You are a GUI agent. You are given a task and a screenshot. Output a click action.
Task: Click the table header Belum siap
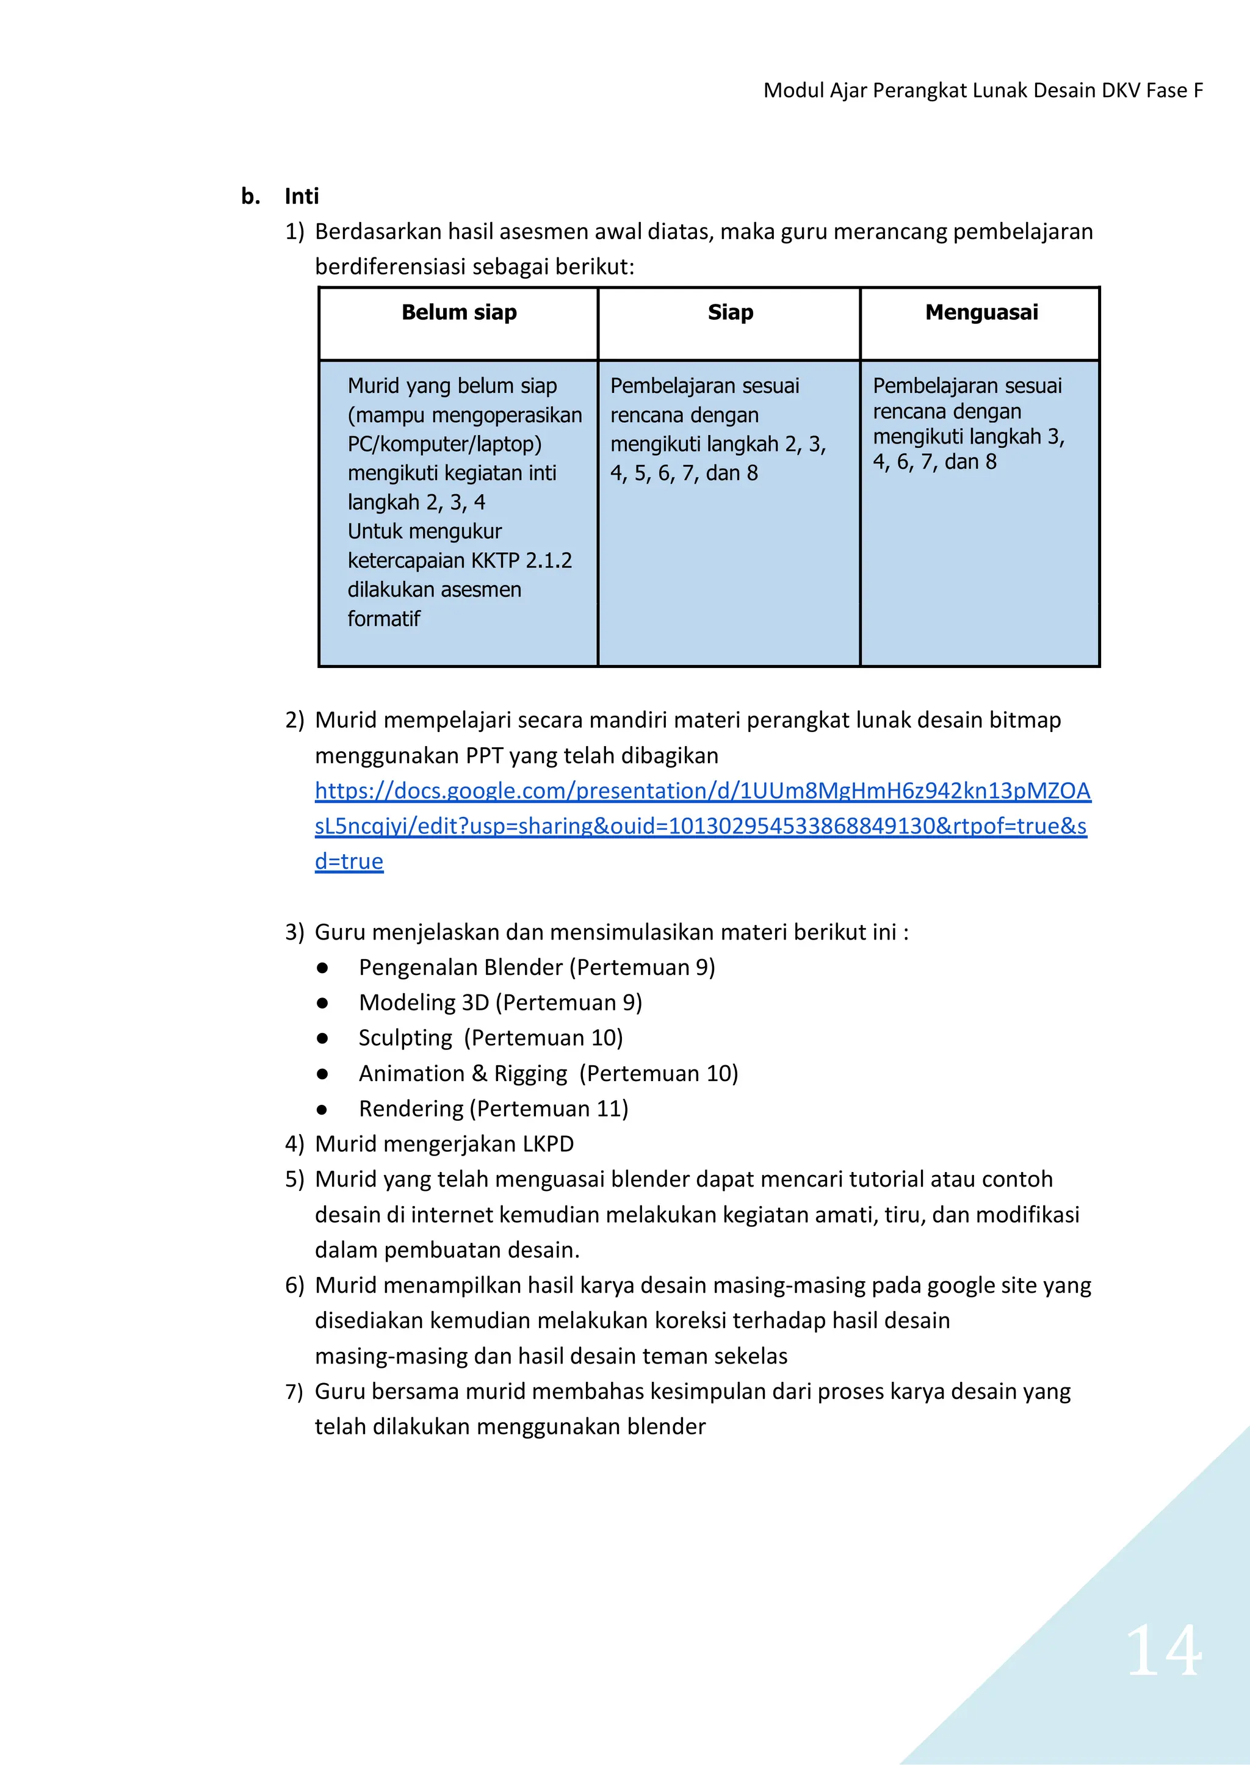point(459,312)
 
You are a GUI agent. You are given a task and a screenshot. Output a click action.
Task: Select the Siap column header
point(730,312)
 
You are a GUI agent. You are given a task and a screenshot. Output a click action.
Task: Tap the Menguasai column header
point(981,312)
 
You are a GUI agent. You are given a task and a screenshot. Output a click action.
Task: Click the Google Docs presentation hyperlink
point(702,825)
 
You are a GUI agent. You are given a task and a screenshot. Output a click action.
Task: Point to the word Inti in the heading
point(301,196)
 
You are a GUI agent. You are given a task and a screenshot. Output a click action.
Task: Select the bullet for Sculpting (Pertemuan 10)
point(322,1038)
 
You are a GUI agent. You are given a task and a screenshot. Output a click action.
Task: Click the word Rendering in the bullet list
point(411,1109)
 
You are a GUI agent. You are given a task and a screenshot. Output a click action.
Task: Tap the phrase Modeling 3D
point(424,1002)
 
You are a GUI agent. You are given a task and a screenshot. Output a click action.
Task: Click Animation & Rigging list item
point(463,1073)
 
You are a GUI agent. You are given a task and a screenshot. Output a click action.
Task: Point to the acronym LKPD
point(548,1144)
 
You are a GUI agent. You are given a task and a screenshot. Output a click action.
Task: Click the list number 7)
point(294,1392)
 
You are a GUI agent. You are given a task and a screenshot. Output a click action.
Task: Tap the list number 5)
point(294,1179)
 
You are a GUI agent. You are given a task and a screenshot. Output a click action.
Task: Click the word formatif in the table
point(383,619)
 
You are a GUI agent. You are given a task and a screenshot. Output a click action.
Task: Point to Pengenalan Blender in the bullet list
point(460,967)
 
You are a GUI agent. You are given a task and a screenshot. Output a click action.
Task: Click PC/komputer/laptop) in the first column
point(444,445)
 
